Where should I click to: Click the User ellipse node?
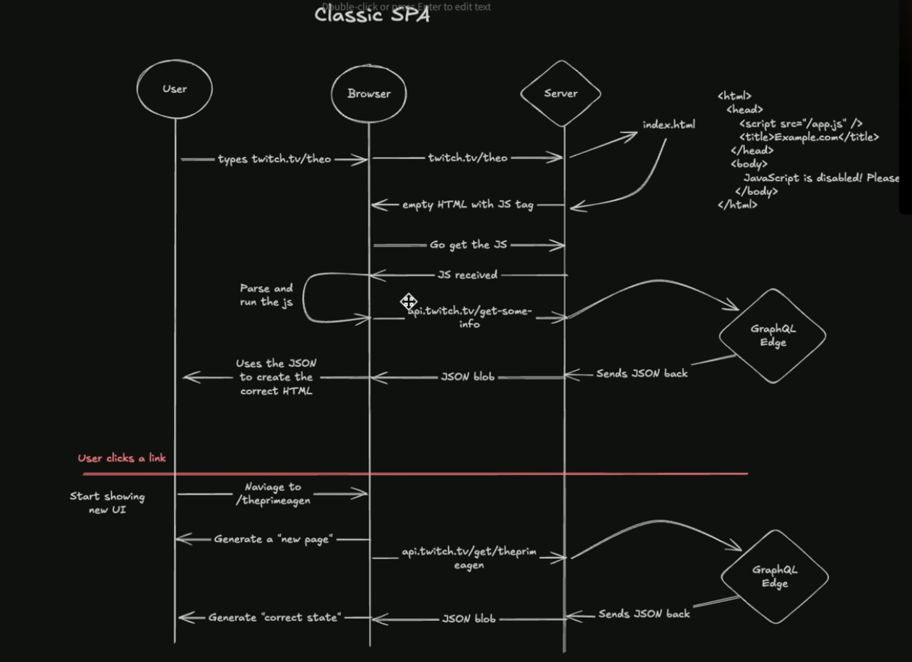pyautogui.click(x=175, y=89)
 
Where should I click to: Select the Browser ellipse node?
pyautogui.click(x=369, y=93)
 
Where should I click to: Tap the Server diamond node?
pyautogui.click(x=561, y=93)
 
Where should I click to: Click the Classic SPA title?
pyautogui.click(x=372, y=15)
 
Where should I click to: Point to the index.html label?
pyautogui.click(x=669, y=125)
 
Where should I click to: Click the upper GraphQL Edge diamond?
pyautogui.click(x=773, y=336)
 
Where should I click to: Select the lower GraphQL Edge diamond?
pyautogui.click(x=774, y=576)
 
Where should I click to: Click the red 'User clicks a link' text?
pyautogui.click(x=122, y=458)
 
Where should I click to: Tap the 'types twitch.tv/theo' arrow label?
pyautogui.click(x=274, y=159)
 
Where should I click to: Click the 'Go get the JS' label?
pyautogui.click(x=469, y=245)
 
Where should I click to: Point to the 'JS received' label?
pyautogui.click(x=467, y=275)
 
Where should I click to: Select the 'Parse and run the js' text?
pyautogui.click(x=266, y=295)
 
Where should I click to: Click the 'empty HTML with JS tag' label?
pyautogui.click(x=468, y=205)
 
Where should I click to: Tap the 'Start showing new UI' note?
pyautogui.click(x=108, y=502)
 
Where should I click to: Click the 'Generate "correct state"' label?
pyautogui.click(x=274, y=617)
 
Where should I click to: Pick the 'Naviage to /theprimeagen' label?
pyautogui.click(x=273, y=493)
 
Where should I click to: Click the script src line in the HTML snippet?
pyautogui.click(x=801, y=123)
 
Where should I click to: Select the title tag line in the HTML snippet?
pyautogui.click(x=809, y=137)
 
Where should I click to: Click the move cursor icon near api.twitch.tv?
pyautogui.click(x=409, y=301)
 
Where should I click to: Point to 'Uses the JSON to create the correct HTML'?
pyautogui.click(x=277, y=377)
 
